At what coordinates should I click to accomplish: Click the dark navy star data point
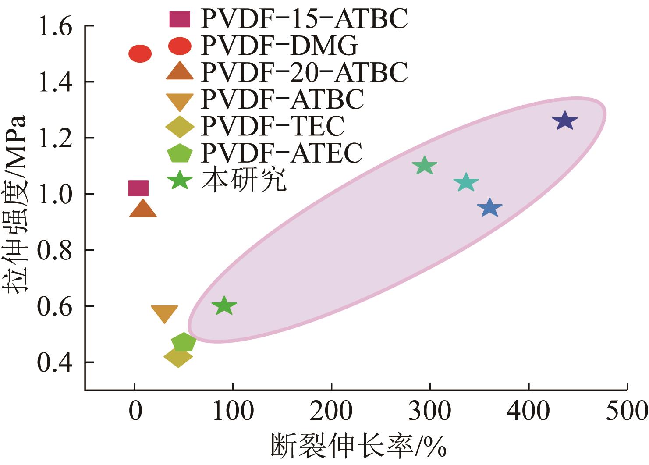tap(564, 121)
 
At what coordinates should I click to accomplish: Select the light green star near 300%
tap(424, 166)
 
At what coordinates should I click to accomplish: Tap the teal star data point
tap(466, 182)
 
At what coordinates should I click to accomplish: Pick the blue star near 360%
tap(489, 208)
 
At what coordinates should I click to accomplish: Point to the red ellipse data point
tap(140, 54)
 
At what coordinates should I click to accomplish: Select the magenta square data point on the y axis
tap(138, 188)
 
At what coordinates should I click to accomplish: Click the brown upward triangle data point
tap(143, 209)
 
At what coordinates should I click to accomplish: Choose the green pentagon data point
tap(183, 342)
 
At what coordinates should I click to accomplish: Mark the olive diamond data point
tap(178, 357)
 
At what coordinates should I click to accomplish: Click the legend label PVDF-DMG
tap(279, 45)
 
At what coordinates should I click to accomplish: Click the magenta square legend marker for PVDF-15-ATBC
tap(180, 18)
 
